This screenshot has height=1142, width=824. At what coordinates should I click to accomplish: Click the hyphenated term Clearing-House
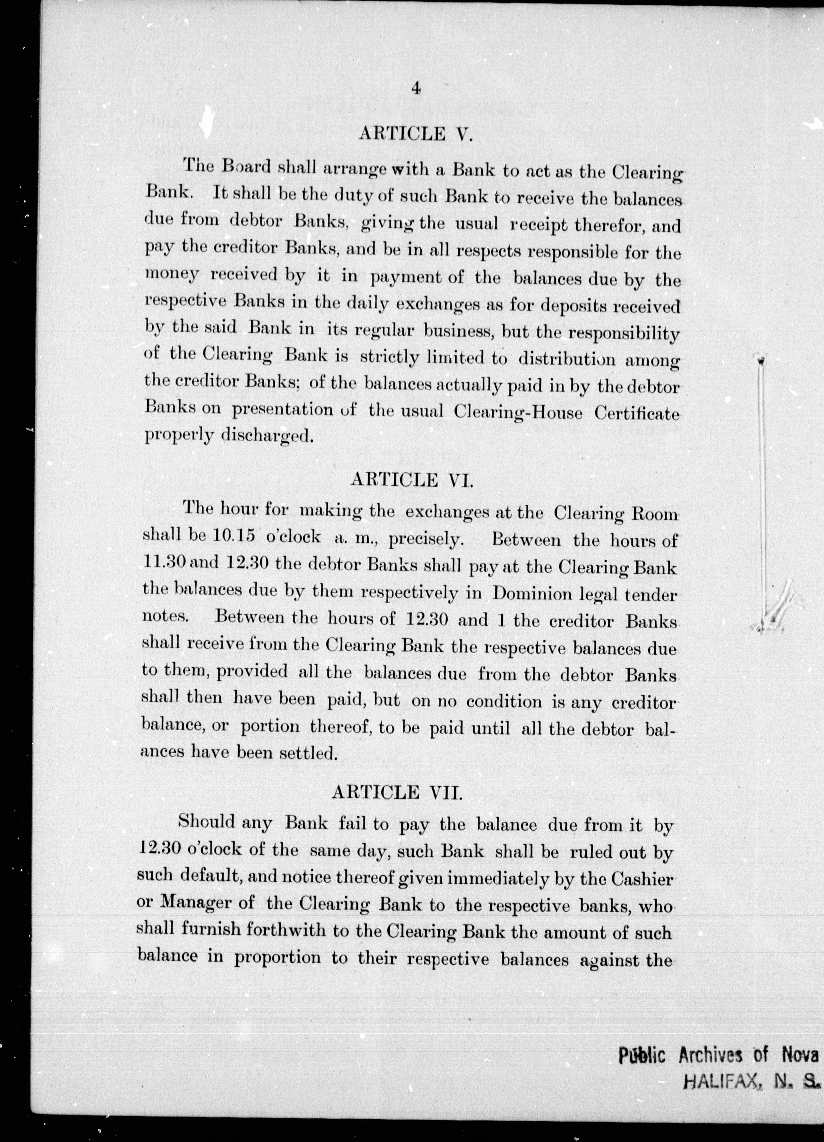(518, 412)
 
